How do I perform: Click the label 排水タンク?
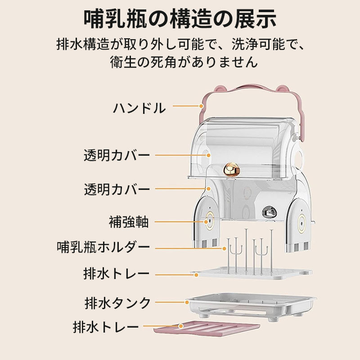117,302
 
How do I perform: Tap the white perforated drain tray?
252,273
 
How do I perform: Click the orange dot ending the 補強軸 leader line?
207,221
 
